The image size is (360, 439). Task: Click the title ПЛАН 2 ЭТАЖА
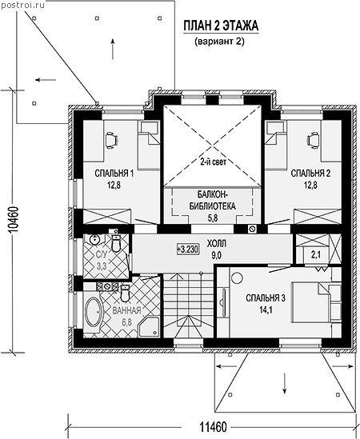[x=221, y=26]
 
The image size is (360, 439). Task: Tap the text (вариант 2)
[x=220, y=42]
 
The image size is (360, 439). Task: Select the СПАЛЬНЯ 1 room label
[x=114, y=174]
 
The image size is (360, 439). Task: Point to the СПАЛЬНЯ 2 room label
[x=310, y=174]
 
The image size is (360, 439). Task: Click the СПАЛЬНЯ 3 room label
[x=266, y=298]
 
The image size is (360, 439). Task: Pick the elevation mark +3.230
[x=188, y=249]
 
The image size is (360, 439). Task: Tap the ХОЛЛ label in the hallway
[x=217, y=244]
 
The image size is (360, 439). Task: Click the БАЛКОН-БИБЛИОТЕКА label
[x=212, y=201]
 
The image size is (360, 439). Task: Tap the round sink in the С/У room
[x=94, y=240]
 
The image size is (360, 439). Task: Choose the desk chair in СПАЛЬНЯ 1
[x=111, y=140]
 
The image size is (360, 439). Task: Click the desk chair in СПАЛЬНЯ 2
[x=314, y=140]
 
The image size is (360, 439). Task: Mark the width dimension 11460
[x=213, y=427]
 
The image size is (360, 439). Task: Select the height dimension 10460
[x=13, y=221]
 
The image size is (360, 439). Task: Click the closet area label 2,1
[x=316, y=255]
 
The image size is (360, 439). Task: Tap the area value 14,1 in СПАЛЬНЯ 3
[x=266, y=310]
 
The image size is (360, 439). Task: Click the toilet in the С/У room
[x=115, y=243]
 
